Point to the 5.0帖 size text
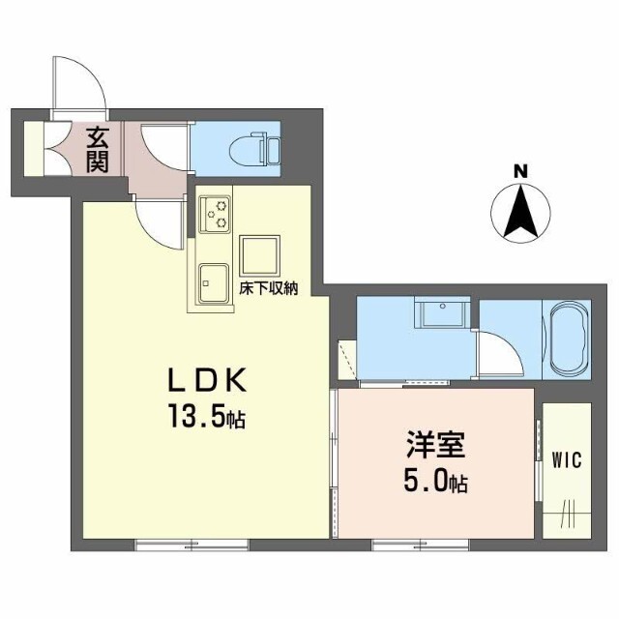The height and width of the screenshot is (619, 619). (434, 481)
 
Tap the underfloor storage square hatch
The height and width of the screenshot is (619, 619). (260, 253)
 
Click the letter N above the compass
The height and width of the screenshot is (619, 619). (520, 172)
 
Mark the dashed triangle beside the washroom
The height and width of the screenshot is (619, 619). (348, 360)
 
